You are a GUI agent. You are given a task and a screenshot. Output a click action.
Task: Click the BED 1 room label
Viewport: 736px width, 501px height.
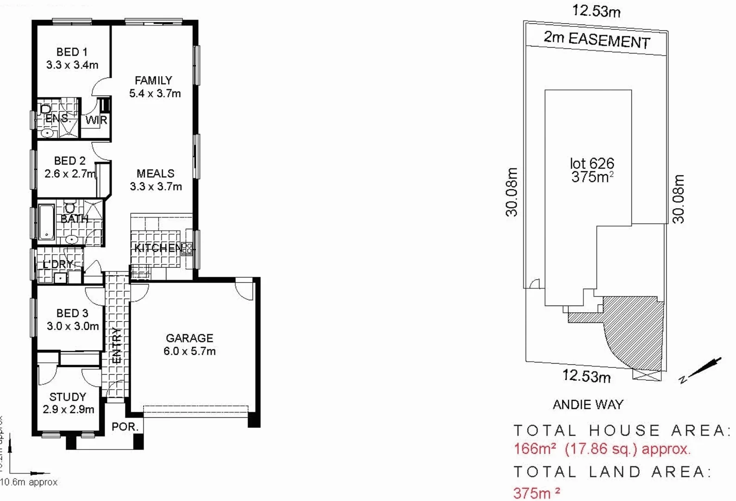(x=72, y=52)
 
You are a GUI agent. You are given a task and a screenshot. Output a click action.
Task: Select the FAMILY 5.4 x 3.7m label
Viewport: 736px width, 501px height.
(x=155, y=87)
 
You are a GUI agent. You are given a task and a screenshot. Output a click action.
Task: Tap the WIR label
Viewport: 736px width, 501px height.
(x=96, y=120)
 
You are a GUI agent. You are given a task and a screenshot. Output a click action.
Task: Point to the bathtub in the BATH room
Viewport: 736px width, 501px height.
(x=46, y=222)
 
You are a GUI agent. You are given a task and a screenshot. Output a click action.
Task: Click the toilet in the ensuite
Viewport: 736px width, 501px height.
(x=46, y=109)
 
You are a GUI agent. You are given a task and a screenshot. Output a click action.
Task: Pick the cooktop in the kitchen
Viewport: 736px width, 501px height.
(x=187, y=249)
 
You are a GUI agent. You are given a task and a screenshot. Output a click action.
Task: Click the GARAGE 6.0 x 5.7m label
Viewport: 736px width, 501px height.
(x=189, y=345)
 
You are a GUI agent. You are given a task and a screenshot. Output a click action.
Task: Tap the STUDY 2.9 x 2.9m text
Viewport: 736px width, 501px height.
(x=68, y=403)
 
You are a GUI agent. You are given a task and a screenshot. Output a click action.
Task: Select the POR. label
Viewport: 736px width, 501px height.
(x=125, y=426)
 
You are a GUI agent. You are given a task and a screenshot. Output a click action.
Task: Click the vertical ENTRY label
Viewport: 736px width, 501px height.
(x=117, y=345)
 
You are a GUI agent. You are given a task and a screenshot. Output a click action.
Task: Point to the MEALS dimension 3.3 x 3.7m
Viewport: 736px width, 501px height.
(x=156, y=186)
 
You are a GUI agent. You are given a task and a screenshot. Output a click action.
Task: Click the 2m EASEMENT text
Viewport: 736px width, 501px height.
(x=597, y=39)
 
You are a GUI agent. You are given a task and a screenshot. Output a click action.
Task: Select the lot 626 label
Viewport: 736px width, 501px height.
(x=592, y=163)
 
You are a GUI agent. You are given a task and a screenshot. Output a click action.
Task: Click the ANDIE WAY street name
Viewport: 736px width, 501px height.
(x=588, y=405)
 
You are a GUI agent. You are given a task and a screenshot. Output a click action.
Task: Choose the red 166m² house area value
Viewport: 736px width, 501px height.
(x=535, y=449)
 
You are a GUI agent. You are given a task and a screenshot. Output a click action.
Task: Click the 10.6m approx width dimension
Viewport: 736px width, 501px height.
(x=29, y=482)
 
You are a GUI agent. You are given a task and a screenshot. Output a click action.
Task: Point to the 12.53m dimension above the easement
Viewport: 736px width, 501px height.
(x=596, y=10)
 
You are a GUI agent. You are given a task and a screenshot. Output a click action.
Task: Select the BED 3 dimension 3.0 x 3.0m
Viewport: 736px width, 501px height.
(x=73, y=326)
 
